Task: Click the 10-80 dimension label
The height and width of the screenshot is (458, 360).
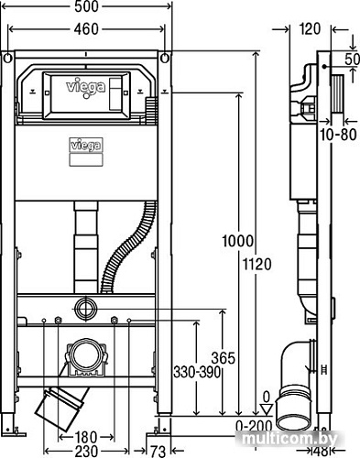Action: (335, 136)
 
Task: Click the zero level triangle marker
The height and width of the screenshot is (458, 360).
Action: (267, 409)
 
